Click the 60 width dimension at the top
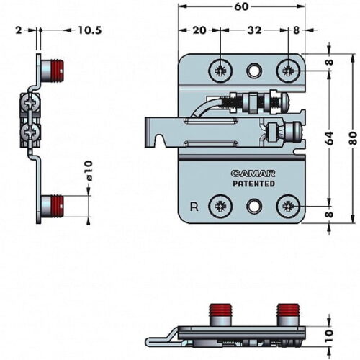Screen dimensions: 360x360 pyautogui.click(x=241, y=6)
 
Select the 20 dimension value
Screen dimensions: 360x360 pyautogui.click(x=199, y=30)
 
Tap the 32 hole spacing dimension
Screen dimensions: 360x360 pyautogui.click(x=254, y=30)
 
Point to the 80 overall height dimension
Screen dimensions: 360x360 pyautogui.click(x=353, y=138)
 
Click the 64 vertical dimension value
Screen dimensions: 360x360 pyautogui.click(x=330, y=138)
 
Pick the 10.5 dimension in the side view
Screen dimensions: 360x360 pyautogui.click(x=90, y=30)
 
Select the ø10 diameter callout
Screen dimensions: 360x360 pyautogui.click(x=89, y=171)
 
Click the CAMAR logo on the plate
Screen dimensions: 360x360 pyautogui.click(x=253, y=174)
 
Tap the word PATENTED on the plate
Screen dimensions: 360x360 pyautogui.click(x=254, y=184)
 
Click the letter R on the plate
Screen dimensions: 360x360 pyautogui.click(x=194, y=207)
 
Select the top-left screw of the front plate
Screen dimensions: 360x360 pyautogui.click(x=220, y=71)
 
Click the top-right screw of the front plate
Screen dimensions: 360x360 pyautogui.click(x=288, y=71)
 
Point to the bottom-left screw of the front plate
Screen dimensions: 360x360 pyautogui.click(x=220, y=206)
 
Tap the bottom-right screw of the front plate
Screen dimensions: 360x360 pyautogui.click(x=288, y=206)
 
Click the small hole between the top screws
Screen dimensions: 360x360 pyautogui.click(x=254, y=71)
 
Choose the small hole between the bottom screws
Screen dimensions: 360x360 pyautogui.click(x=254, y=206)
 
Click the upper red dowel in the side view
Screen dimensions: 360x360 pyautogui.click(x=58, y=71)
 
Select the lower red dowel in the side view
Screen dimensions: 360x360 pyautogui.click(x=58, y=206)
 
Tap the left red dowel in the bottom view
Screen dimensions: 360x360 pyautogui.click(x=221, y=310)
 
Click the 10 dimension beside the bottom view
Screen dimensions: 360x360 pyautogui.click(x=330, y=336)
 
